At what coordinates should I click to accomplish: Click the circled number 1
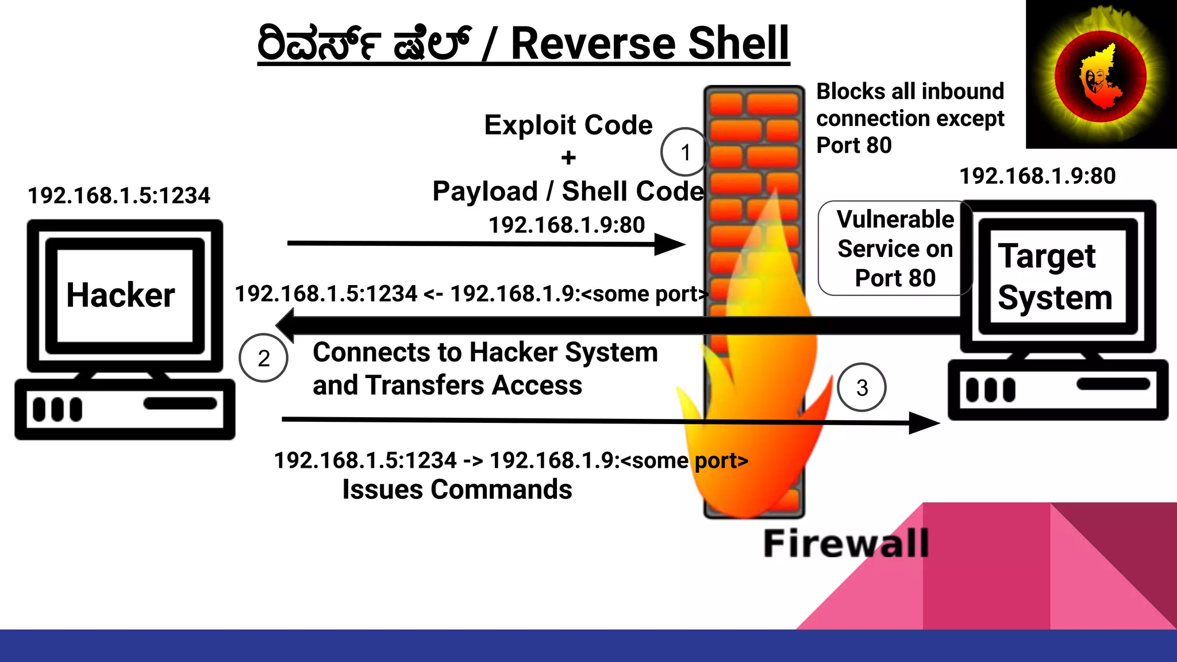pyautogui.click(x=684, y=152)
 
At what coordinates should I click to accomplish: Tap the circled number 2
pyautogui.click(x=263, y=358)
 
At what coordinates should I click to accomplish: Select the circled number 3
pyautogui.click(x=861, y=388)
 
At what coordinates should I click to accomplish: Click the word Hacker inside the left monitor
pyautogui.click(x=120, y=295)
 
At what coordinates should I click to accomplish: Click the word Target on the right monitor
pyautogui.click(x=1047, y=256)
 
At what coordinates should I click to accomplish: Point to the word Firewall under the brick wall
pyautogui.click(x=845, y=543)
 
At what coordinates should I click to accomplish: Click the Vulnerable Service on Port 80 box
pyautogui.click(x=894, y=248)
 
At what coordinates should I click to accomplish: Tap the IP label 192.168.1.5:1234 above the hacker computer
pyautogui.click(x=119, y=195)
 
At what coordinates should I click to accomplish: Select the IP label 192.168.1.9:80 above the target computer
pyautogui.click(x=1037, y=176)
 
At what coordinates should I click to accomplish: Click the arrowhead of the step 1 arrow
pyautogui.click(x=670, y=244)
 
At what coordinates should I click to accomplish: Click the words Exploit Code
pyautogui.click(x=568, y=125)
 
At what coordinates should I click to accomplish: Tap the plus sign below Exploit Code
pyautogui.click(x=568, y=157)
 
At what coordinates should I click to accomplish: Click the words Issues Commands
pyautogui.click(x=457, y=490)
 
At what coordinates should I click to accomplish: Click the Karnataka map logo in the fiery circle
pyautogui.click(x=1099, y=76)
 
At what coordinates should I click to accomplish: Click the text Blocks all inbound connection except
pyautogui.click(x=910, y=105)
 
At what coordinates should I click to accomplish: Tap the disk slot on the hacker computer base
pyautogui.click(x=180, y=403)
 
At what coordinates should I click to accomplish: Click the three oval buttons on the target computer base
pyautogui.click(x=990, y=390)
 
